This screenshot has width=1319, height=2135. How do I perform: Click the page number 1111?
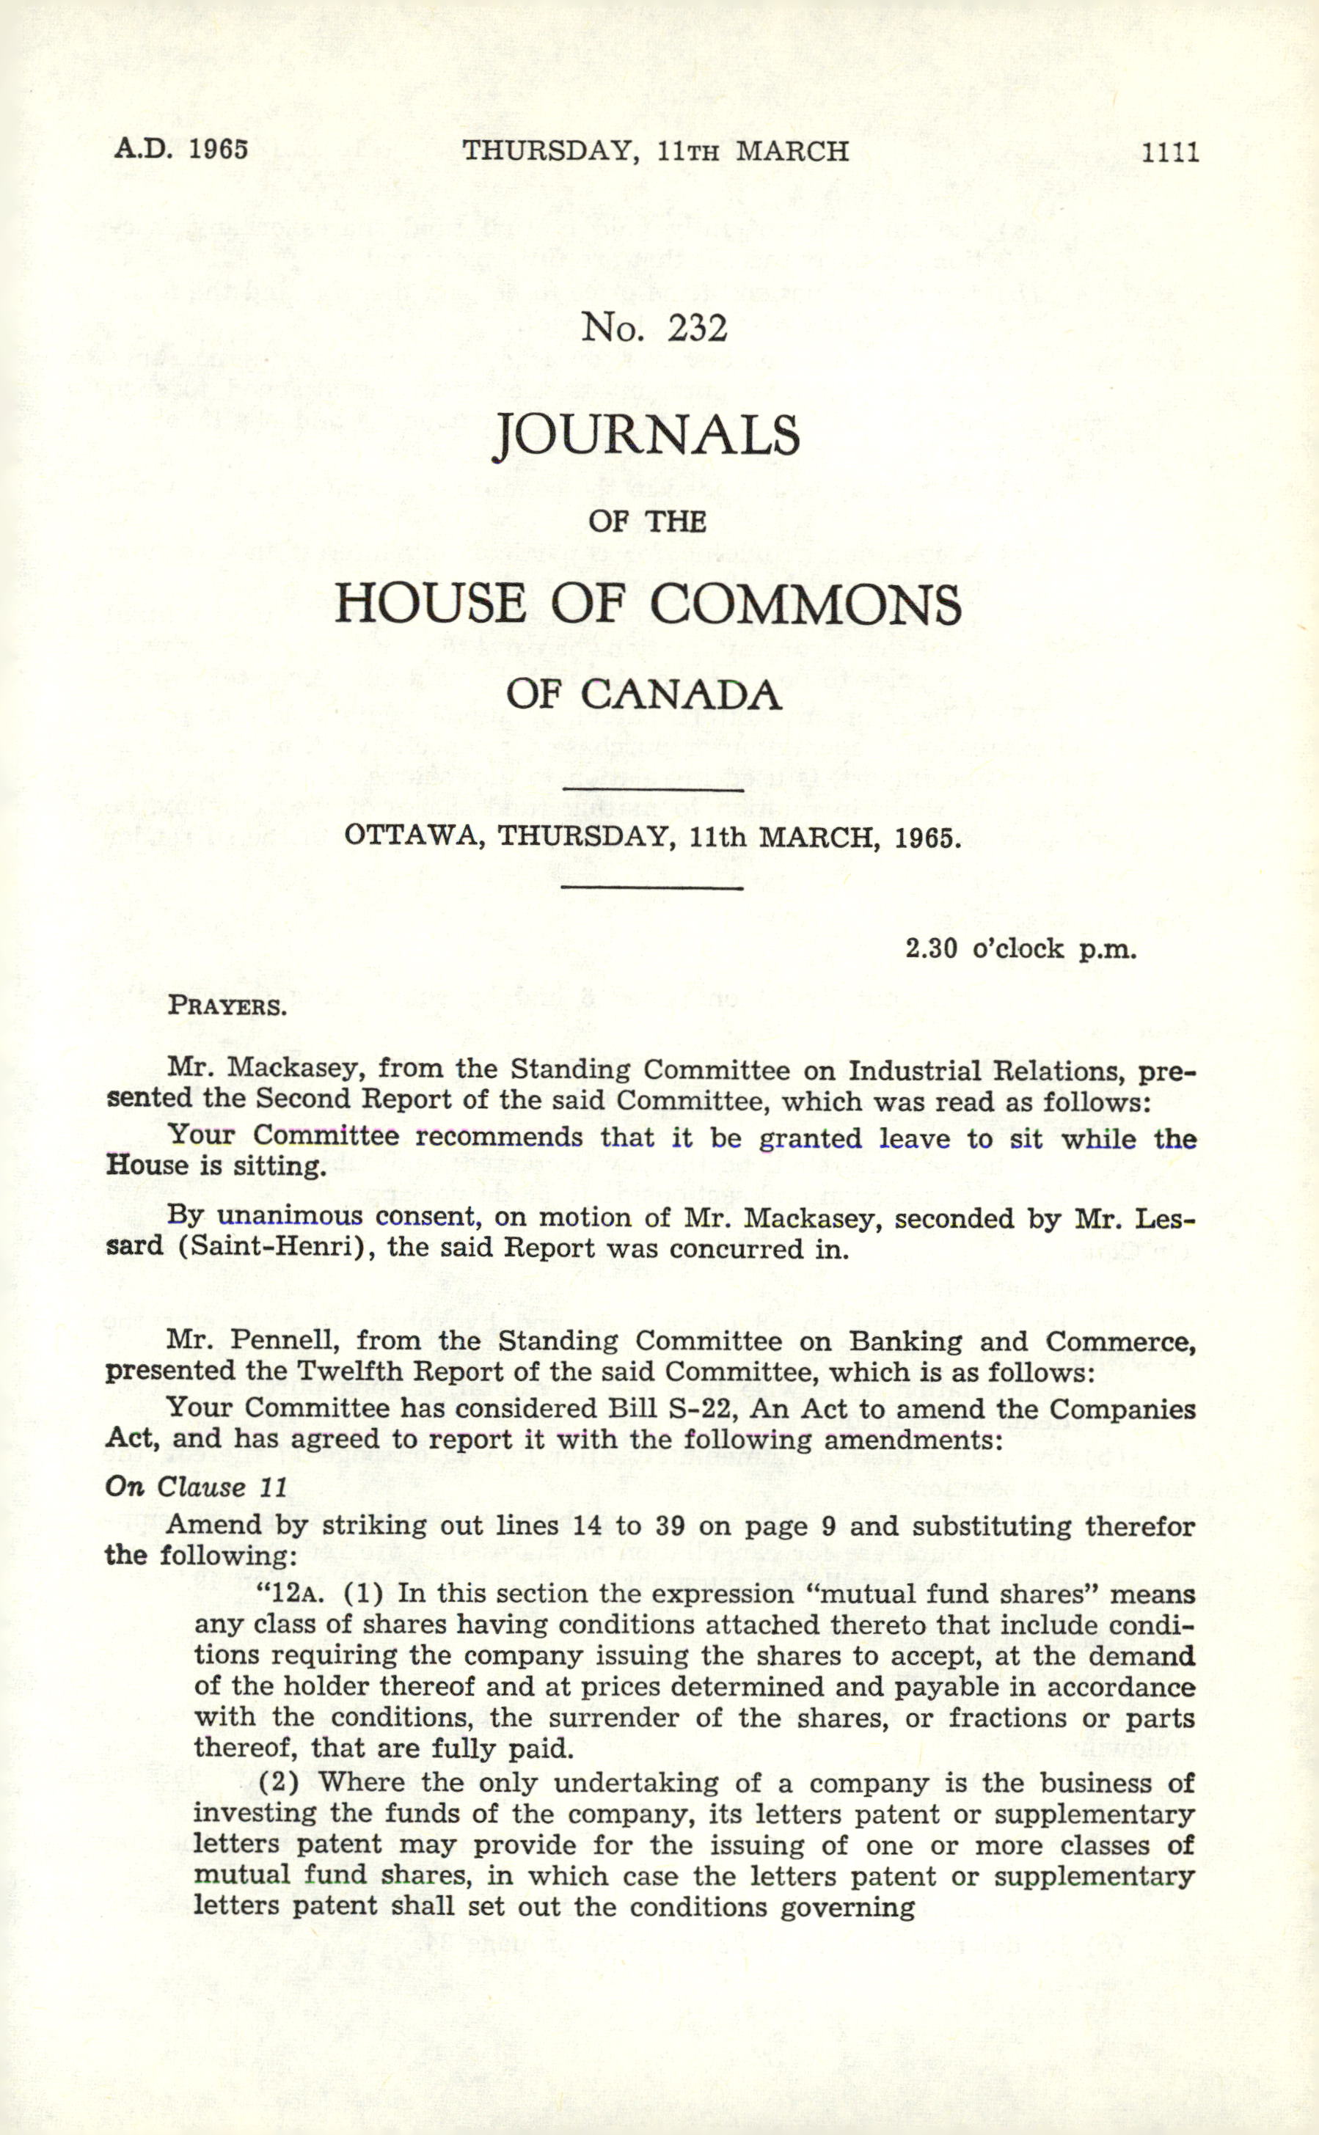[x=1171, y=153]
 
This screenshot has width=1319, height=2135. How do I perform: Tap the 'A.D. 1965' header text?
[x=181, y=148]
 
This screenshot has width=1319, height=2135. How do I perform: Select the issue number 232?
[x=697, y=329]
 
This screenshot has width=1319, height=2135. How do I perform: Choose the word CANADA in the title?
[x=681, y=695]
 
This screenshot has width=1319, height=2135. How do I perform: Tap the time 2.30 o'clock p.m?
[x=1020, y=949]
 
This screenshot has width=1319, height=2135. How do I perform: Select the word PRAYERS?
[x=227, y=1006]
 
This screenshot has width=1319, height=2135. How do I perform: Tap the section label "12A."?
[x=292, y=1594]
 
